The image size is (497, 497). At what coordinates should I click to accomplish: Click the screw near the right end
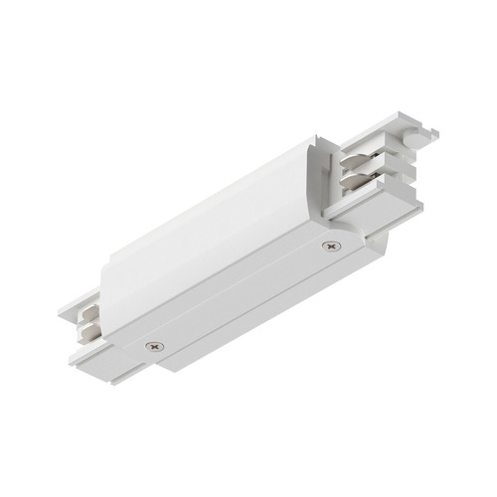click(329, 245)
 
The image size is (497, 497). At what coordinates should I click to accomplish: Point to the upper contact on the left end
click(87, 304)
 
